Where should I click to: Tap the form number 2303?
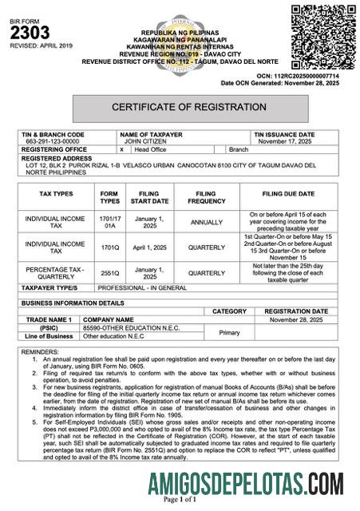pyautogui.click(x=30, y=33)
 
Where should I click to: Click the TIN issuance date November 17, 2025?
pyautogui.click(x=284, y=141)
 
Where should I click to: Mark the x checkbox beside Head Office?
pyautogui.click(x=121, y=149)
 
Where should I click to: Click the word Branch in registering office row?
pyautogui.click(x=239, y=149)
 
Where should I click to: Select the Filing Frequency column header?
pyautogui.click(x=207, y=197)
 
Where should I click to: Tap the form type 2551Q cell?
pyautogui.click(x=109, y=271)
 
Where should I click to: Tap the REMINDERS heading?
pyautogui.click(x=40, y=351)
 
